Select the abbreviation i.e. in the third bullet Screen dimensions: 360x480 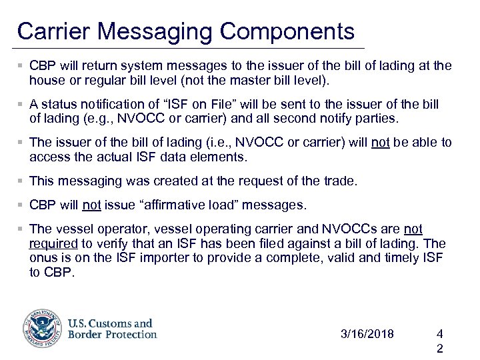[223, 143]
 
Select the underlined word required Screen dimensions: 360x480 [53, 243]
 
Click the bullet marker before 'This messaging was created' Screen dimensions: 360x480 [22, 181]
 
